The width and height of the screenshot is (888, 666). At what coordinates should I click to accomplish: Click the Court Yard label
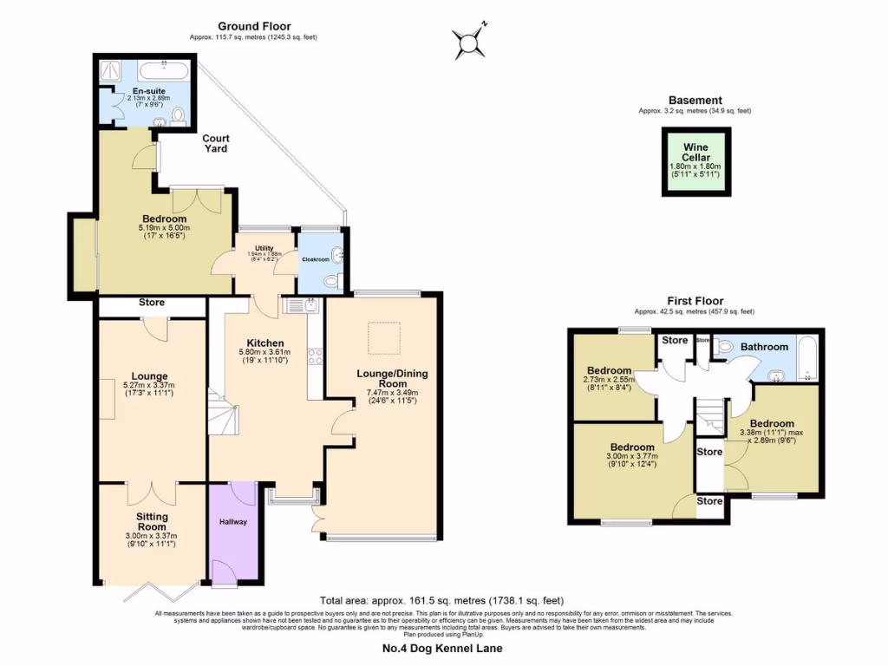[x=216, y=143]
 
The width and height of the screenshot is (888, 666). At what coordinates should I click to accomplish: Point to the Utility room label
[x=264, y=249]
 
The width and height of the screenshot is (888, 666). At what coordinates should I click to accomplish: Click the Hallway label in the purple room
[x=232, y=522]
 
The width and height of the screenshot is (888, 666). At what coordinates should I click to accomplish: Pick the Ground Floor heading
[x=254, y=26]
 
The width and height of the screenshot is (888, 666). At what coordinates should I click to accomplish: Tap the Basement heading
[x=695, y=101]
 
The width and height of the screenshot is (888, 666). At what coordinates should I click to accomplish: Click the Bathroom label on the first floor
[x=764, y=347]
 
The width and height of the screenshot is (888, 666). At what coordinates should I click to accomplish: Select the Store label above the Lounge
[x=152, y=303]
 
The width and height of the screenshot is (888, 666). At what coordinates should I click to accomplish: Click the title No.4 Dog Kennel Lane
[x=442, y=648]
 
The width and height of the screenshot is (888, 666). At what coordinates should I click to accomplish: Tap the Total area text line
[x=442, y=600]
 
